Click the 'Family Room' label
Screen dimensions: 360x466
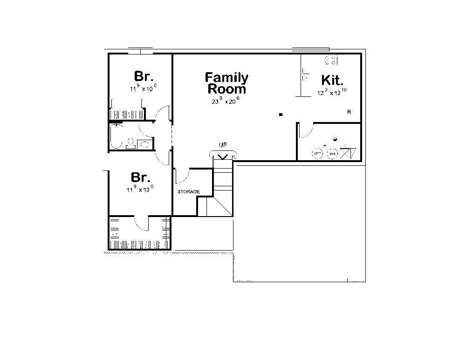click(x=227, y=83)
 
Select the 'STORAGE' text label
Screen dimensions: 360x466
click(x=188, y=191)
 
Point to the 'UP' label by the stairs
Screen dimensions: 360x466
click(x=223, y=145)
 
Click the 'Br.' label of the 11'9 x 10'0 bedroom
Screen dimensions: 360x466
click(x=144, y=76)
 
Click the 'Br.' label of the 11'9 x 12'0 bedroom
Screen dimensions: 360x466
click(x=140, y=177)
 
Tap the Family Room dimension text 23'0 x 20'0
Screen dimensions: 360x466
click(x=225, y=101)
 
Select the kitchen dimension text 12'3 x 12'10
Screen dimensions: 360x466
click(x=332, y=92)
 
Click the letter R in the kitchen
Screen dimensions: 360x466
click(x=349, y=112)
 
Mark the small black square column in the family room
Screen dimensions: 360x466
click(x=281, y=114)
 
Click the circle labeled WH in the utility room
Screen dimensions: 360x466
click(x=332, y=153)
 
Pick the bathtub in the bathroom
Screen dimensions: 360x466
click(x=116, y=136)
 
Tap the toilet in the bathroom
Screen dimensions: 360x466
click(x=130, y=142)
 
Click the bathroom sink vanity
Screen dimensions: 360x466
click(x=145, y=144)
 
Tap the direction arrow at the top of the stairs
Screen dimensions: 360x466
click(x=223, y=156)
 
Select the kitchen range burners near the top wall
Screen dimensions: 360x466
click(x=331, y=60)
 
